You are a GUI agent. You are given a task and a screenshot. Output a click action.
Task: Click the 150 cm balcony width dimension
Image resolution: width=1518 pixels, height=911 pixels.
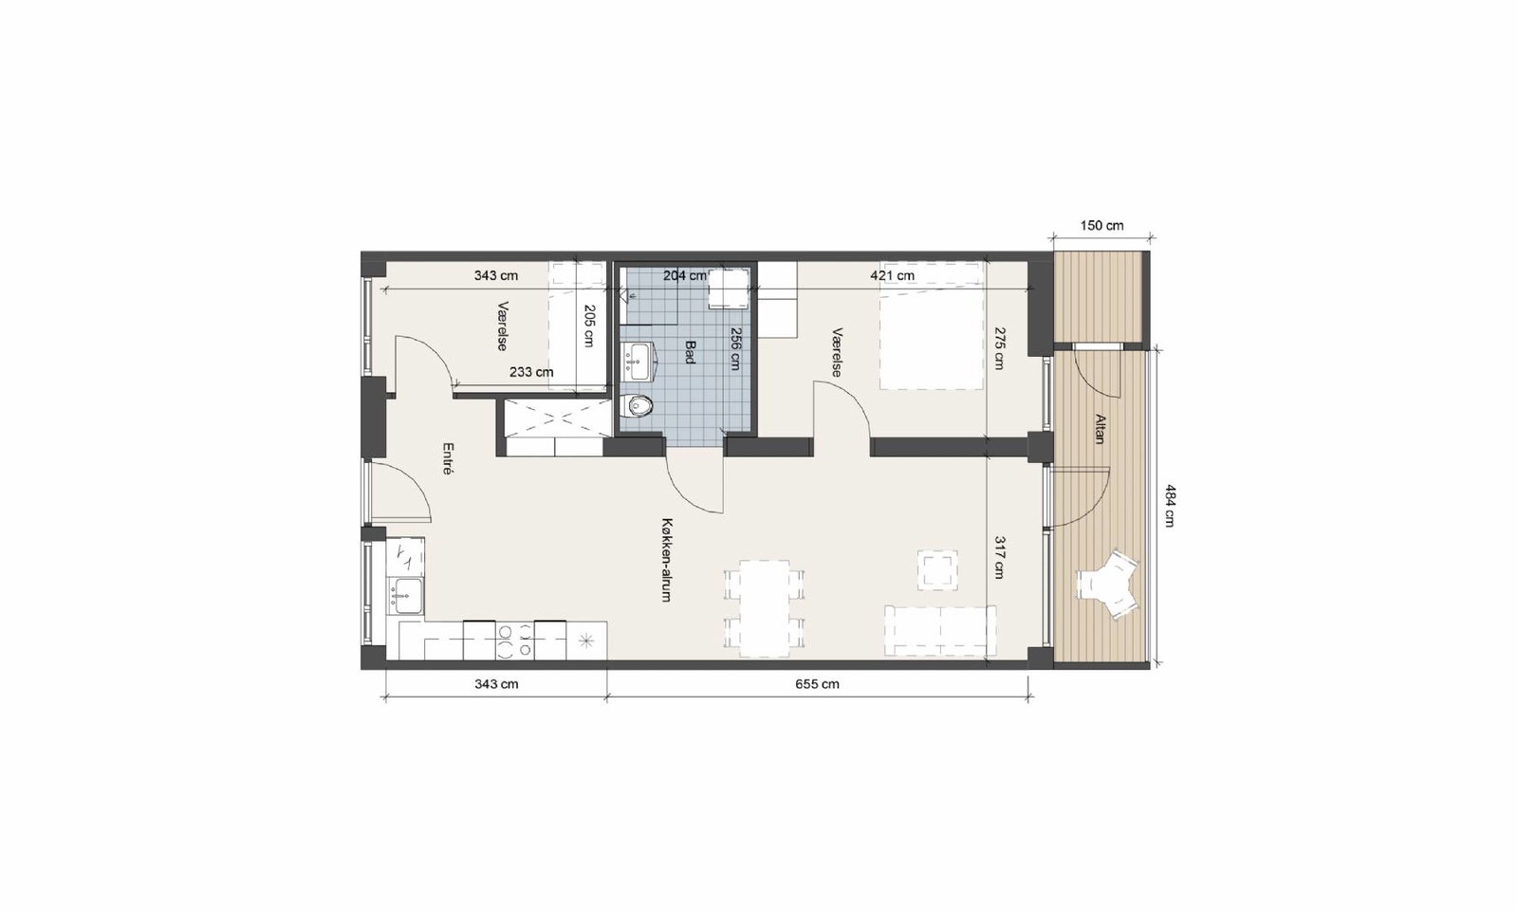pyautogui.click(x=1101, y=226)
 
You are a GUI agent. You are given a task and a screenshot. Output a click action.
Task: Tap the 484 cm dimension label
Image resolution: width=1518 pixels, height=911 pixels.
pyautogui.click(x=1170, y=505)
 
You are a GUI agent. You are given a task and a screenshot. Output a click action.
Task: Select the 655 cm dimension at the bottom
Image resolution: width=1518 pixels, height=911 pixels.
pyautogui.click(x=817, y=684)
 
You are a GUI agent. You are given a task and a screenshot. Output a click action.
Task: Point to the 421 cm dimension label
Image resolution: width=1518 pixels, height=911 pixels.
pyautogui.click(x=893, y=276)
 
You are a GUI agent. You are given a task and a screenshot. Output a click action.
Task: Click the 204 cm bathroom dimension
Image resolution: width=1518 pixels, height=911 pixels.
pyautogui.click(x=684, y=276)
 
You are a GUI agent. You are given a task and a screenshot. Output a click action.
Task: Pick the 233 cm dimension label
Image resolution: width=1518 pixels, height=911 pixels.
pyautogui.click(x=531, y=372)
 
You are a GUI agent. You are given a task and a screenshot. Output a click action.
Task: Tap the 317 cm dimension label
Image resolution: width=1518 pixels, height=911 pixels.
pyautogui.click(x=999, y=557)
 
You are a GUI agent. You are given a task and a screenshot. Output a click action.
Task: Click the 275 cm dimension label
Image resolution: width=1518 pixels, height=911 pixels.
pyautogui.click(x=999, y=348)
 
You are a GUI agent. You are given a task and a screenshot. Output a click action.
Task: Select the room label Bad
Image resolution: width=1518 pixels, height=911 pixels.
pyautogui.click(x=690, y=352)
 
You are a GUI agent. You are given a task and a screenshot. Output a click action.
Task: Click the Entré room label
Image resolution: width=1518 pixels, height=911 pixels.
pyautogui.click(x=447, y=458)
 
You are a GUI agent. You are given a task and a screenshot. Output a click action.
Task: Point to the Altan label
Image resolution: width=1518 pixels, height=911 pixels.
pyautogui.click(x=1100, y=428)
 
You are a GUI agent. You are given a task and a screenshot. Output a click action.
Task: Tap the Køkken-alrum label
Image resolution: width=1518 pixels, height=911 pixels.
pyautogui.click(x=668, y=561)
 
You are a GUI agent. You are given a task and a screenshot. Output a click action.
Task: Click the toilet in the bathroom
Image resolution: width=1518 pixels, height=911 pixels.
pyautogui.click(x=639, y=406)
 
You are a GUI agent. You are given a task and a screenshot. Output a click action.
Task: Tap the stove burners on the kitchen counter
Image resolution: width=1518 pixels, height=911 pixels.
pyautogui.click(x=515, y=641)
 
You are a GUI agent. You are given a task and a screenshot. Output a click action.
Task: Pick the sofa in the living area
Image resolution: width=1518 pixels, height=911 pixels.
pyautogui.click(x=940, y=631)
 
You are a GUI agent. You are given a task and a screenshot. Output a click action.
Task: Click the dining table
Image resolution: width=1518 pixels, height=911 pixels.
pyautogui.click(x=765, y=608)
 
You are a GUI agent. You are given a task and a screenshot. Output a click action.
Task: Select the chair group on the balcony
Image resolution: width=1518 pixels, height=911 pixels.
pyautogui.click(x=1107, y=586)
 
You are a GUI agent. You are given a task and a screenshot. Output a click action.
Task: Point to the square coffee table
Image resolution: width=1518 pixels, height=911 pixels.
pyautogui.click(x=938, y=569)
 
